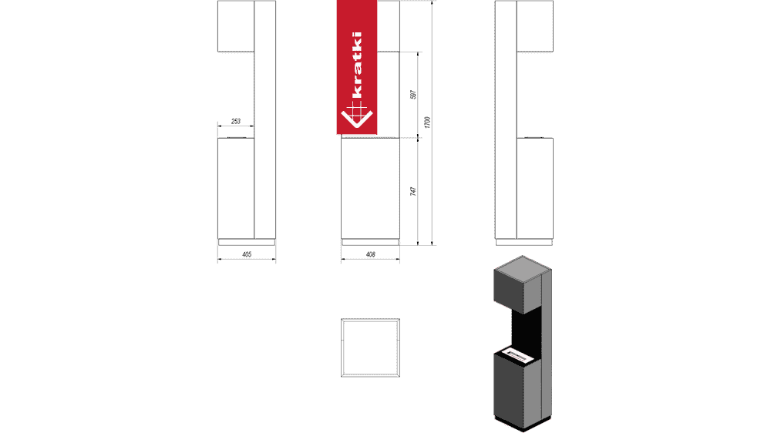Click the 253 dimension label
pos(236,122)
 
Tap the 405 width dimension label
pos(247,254)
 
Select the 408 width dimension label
pos(370,254)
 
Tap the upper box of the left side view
pos(236,26)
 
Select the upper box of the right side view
pos(534,26)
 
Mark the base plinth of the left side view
pos(247,240)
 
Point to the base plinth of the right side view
pos(524,240)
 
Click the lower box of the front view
pos(371,186)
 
